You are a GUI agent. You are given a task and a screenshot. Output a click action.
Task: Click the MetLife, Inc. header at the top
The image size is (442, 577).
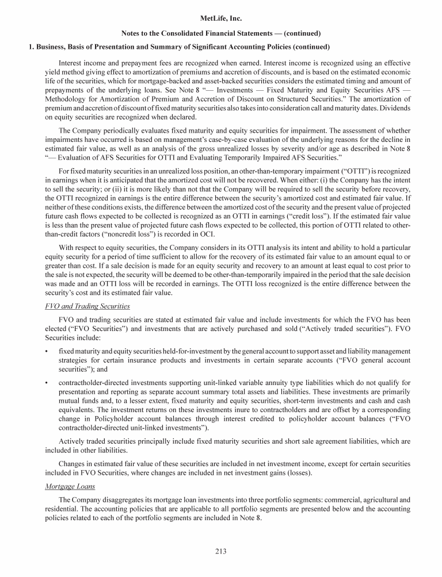(x=221, y=20)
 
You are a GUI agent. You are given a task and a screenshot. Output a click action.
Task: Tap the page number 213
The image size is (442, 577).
(x=221, y=552)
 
